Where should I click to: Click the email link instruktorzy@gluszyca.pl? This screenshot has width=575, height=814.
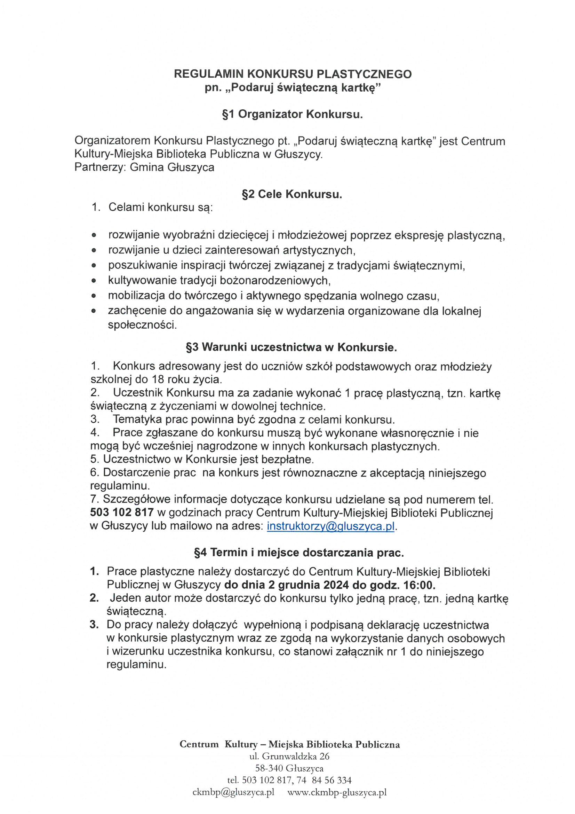pyautogui.click(x=330, y=526)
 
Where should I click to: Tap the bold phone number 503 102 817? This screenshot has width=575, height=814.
pyautogui.click(x=122, y=512)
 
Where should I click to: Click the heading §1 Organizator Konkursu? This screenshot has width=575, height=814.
pyautogui.click(x=292, y=115)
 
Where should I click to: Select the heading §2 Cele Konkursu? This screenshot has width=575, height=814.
pyautogui.click(x=292, y=194)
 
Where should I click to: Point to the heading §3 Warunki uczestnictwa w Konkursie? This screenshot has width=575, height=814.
pyautogui.click(x=292, y=347)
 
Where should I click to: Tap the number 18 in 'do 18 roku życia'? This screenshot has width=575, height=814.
pyautogui.click(x=158, y=380)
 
